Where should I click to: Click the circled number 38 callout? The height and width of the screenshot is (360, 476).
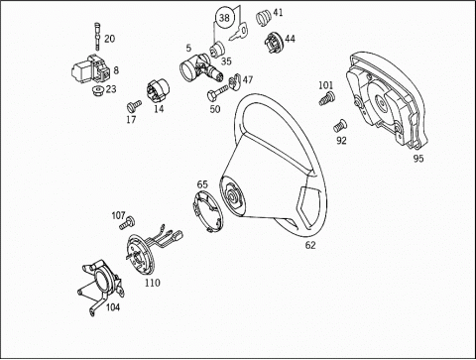(224, 18)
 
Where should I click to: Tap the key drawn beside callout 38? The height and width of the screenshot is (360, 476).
(238, 33)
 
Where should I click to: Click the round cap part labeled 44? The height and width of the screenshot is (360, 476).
(274, 42)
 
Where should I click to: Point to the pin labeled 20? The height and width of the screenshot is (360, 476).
(97, 36)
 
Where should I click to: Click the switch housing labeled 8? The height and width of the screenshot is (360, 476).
(91, 68)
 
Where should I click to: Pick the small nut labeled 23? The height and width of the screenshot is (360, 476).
(98, 90)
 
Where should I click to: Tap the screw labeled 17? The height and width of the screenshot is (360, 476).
(134, 106)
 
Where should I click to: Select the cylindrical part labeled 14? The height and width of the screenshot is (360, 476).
(158, 90)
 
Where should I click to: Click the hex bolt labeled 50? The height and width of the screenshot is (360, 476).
(218, 92)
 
